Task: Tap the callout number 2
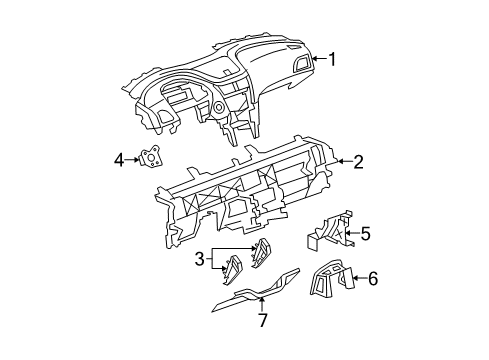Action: point(358,159)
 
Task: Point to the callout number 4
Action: point(118,158)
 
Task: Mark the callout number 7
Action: point(262,320)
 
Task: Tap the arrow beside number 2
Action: point(343,160)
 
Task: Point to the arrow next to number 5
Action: point(350,235)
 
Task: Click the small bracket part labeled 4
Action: point(151,158)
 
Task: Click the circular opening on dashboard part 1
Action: point(217,108)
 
